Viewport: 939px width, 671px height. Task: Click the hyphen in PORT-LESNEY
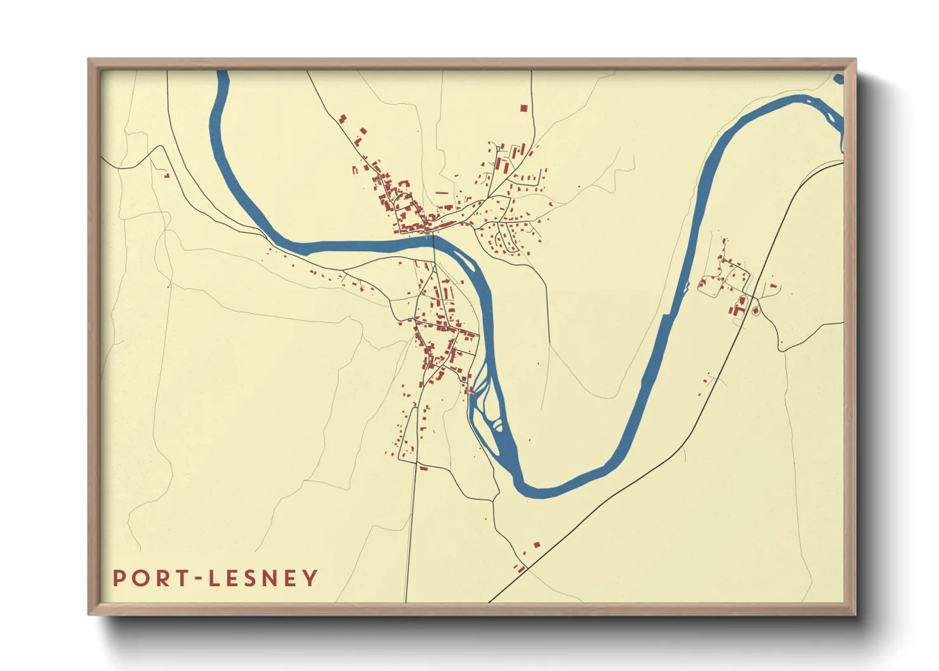tap(200, 578)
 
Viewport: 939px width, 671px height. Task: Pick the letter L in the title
tap(215, 578)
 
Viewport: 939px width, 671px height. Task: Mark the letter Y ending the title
tap(310, 578)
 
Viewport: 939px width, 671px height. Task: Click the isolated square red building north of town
tap(523, 108)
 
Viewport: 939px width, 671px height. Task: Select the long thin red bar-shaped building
tap(442, 192)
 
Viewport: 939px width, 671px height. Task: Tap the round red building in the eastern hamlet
tap(755, 311)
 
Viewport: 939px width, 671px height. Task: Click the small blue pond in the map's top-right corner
tap(839, 79)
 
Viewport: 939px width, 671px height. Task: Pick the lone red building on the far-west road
tap(167, 175)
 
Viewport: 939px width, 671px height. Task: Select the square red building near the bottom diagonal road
tap(536, 544)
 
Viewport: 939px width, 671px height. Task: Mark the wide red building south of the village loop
tap(423, 468)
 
